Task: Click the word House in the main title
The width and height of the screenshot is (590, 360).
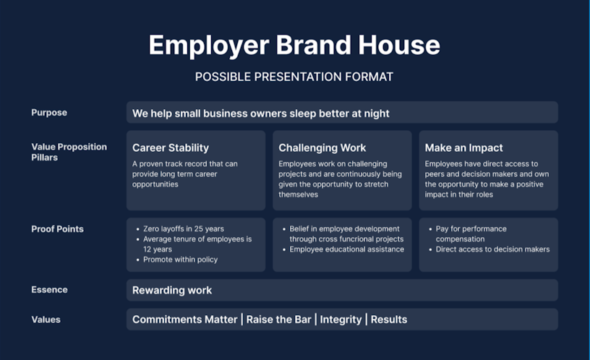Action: (399, 45)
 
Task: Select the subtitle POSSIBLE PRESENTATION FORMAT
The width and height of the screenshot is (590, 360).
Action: (294, 77)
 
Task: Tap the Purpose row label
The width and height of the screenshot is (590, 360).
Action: (49, 113)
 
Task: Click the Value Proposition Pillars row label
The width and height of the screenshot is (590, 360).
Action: (69, 152)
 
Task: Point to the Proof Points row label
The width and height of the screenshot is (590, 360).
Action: (58, 229)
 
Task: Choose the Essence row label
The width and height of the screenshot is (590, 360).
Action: (49, 290)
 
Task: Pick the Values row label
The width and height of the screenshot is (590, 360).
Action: (46, 320)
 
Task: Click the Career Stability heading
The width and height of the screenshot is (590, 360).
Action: (171, 148)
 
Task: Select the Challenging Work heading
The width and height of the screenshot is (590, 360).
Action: (322, 148)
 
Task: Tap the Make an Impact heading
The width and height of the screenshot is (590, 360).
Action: (464, 148)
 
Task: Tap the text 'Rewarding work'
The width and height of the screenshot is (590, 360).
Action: (172, 291)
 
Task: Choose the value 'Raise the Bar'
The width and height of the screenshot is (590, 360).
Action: (279, 320)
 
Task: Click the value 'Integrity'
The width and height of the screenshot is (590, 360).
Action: (341, 320)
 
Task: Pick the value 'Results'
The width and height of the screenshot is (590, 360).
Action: (389, 320)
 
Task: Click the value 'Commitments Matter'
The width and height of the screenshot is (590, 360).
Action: (185, 320)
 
